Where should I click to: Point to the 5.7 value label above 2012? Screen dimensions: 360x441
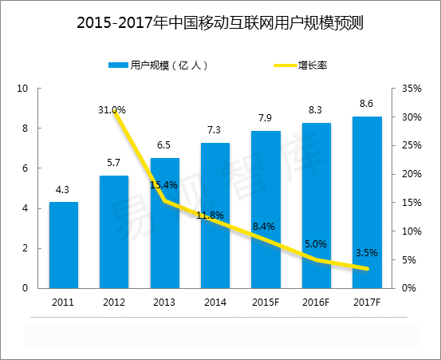click(x=114, y=162)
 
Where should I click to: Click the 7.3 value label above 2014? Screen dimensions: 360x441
click(x=215, y=130)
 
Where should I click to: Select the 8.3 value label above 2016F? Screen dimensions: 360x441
click(x=317, y=110)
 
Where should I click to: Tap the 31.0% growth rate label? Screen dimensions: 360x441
click(x=112, y=109)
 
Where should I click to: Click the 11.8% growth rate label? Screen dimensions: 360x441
click(x=211, y=216)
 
